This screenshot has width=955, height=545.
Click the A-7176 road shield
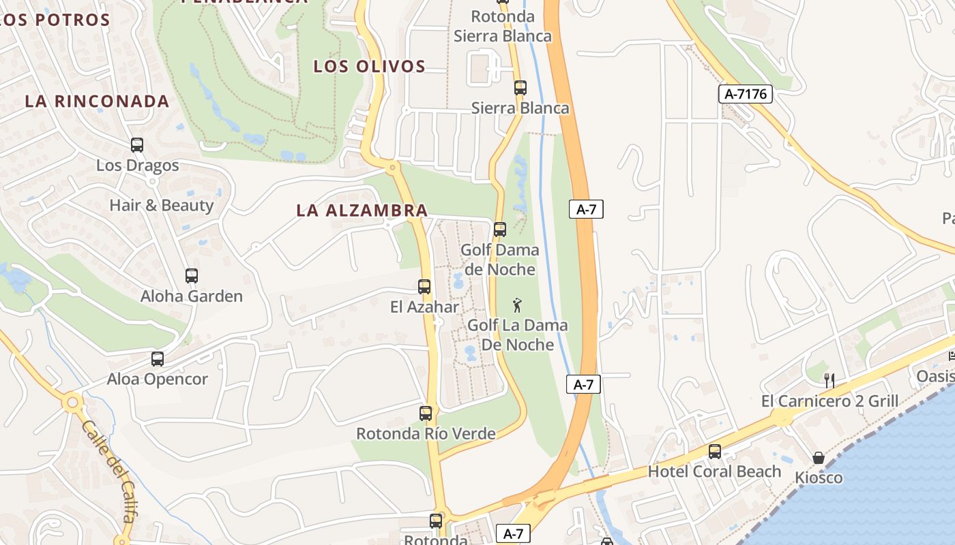[x=745, y=94]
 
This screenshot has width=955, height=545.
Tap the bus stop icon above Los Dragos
[x=137, y=145]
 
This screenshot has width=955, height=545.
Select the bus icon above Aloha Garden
[x=192, y=276]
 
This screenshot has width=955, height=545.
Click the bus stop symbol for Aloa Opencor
[x=158, y=359]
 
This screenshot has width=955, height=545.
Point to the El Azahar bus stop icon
[x=424, y=287]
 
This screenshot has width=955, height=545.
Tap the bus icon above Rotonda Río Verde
[x=426, y=414]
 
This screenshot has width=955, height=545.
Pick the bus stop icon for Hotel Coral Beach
[x=715, y=451]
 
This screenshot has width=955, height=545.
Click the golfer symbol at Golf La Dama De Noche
[x=517, y=305]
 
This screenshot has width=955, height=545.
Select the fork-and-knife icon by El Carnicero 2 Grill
[x=829, y=381]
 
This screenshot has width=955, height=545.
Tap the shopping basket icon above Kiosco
[x=819, y=458]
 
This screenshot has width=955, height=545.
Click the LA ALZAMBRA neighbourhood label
[x=362, y=211]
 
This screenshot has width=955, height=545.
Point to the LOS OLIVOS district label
[x=369, y=66]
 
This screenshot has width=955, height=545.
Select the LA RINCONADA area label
[x=97, y=102]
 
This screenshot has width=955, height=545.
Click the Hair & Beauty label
[x=162, y=205]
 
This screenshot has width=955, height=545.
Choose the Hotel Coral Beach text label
[x=714, y=471]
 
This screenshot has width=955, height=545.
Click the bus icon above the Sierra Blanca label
[x=520, y=88]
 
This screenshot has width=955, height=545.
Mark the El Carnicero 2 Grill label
[x=829, y=401]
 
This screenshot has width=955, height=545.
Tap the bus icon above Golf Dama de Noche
[x=500, y=230]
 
